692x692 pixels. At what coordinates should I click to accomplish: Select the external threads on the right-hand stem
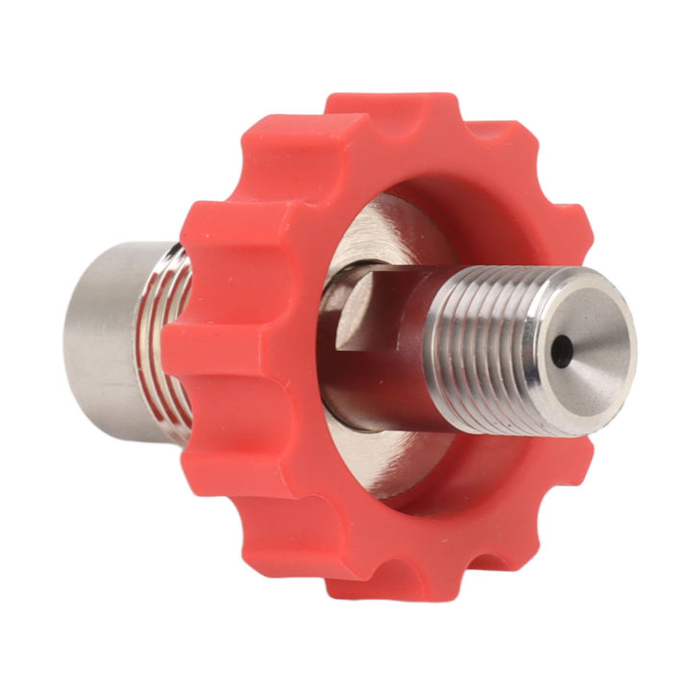click(x=481, y=336)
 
